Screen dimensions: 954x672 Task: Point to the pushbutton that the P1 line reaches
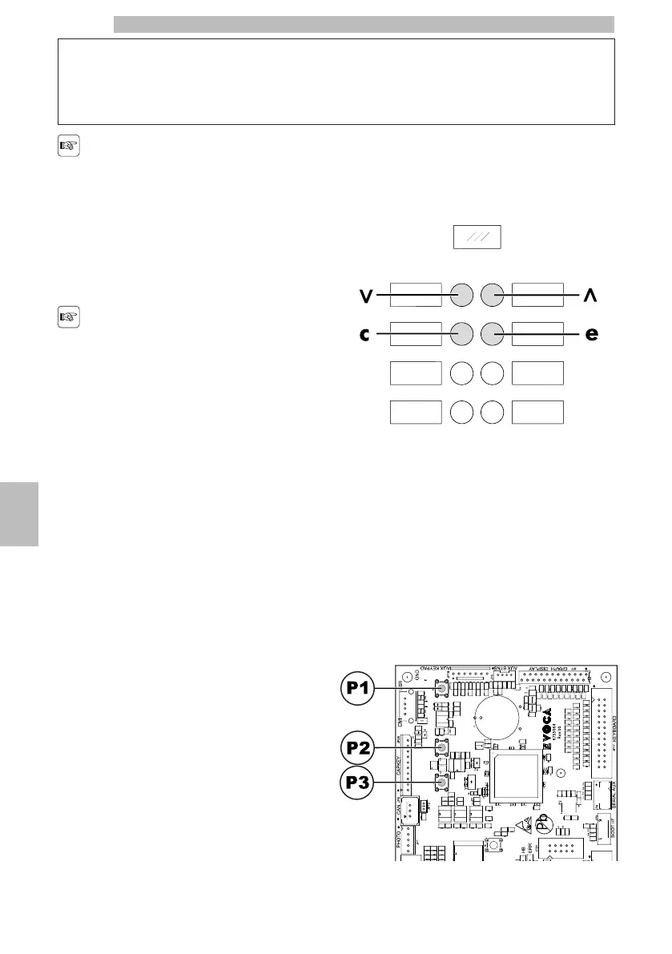point(441,689)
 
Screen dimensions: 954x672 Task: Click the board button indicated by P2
point(441,748)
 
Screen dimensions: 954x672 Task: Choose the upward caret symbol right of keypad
point(591,296)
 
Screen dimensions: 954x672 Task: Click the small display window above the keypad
point(477,238)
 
